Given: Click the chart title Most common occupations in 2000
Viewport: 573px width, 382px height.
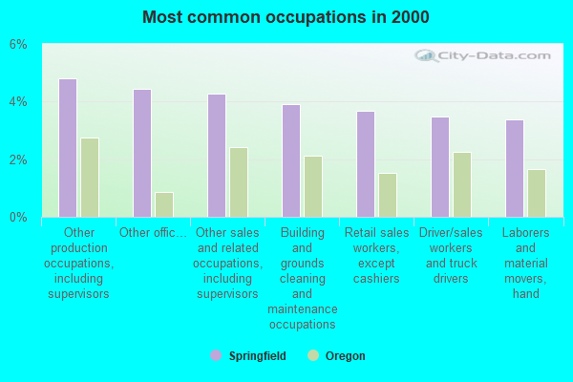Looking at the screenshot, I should pos(286,17).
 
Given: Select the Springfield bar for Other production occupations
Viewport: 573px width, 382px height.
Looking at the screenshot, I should pos(68,148).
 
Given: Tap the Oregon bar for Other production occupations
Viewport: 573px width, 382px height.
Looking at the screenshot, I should pos(89,178).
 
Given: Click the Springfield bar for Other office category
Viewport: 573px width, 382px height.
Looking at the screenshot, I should pos(142,153).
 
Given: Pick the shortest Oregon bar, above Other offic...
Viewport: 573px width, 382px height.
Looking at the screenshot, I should pos(163,204).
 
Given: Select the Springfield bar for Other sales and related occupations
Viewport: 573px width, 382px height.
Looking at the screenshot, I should pos(217,156).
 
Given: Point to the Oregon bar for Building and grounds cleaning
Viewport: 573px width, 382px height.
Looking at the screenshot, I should pos(312,186).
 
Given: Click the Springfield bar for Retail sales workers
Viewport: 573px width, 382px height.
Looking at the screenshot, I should pos(366,164).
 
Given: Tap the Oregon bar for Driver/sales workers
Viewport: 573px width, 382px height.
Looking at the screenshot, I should pos(461,184).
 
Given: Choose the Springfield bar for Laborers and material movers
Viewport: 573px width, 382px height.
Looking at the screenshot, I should pos(515,168).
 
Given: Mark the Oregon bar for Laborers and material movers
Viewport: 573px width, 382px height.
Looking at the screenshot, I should pos(536,193).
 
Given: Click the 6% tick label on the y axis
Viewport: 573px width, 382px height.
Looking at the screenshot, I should pos(18,45).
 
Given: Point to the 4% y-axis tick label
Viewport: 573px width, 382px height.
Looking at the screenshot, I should pos(18,102).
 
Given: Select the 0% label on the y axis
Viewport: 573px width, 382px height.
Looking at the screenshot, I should pos(18,217).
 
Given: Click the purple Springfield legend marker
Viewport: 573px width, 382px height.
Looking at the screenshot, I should pos(216,355).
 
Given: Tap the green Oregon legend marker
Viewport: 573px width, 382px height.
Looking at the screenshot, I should pos(312,355).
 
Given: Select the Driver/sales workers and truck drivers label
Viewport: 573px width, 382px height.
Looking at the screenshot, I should pos(451,255).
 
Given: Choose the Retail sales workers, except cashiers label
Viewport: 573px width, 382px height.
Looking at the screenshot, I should pos(376,255).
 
